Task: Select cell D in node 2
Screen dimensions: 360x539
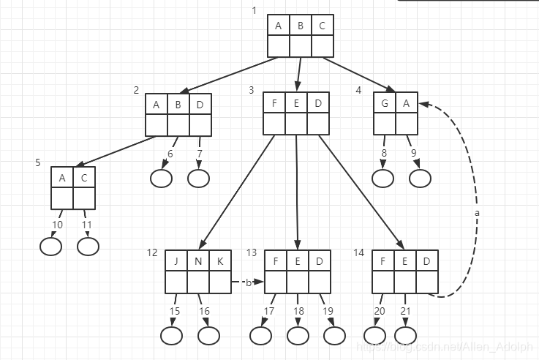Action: [200, 105]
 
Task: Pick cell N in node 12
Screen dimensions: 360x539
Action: [198, 261]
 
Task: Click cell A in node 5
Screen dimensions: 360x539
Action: [62, 178]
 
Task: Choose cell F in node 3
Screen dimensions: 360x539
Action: [274, 103]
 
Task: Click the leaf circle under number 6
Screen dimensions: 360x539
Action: [161, 178]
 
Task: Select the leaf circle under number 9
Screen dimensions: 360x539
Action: [420, 178]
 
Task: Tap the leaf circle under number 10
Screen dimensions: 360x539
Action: [50, 247]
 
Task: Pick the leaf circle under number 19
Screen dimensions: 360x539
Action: [334, 335]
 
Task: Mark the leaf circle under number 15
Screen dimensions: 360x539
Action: [171, 336]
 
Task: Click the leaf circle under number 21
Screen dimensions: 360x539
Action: [405, 335]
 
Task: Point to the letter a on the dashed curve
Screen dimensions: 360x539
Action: [478, 212]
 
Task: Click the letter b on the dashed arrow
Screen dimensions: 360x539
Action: [248, 282]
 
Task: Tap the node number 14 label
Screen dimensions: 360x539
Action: [358, 252]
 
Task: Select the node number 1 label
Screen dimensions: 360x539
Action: [254, 10]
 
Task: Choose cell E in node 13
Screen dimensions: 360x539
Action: [298, 261]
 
